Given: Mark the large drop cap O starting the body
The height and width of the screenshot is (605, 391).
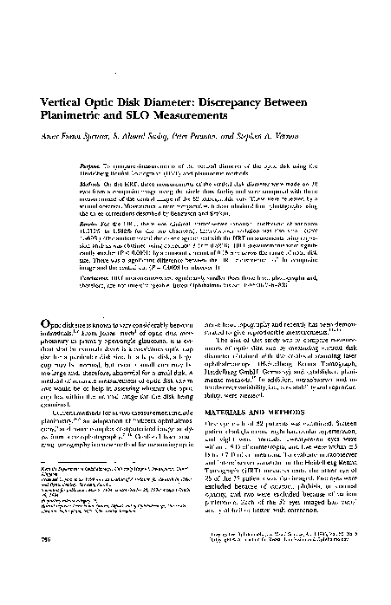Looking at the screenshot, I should coord(49,325).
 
